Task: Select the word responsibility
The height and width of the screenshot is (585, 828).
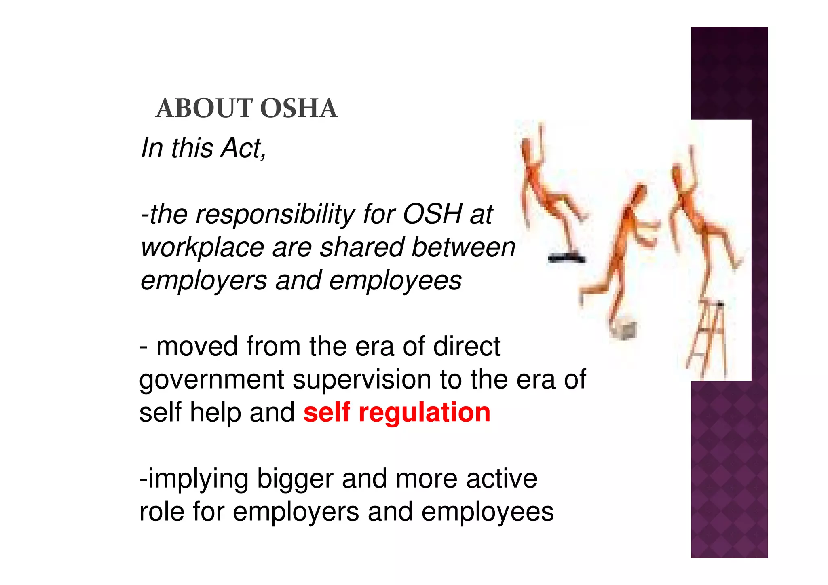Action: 275,214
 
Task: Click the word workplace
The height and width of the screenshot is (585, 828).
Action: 202,248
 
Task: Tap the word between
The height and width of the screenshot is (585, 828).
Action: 463,247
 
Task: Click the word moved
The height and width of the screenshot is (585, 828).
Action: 197,346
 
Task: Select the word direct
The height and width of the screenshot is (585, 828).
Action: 467,346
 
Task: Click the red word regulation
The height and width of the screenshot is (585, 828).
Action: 424,413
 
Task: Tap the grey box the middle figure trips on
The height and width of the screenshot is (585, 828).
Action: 624,328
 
